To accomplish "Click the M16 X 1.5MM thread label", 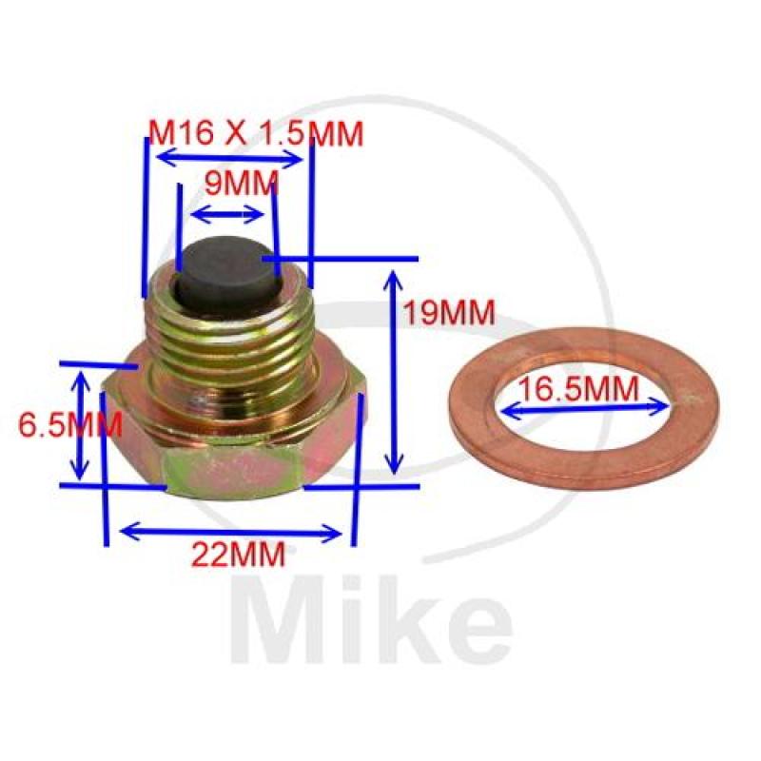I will click(x=258, y=134).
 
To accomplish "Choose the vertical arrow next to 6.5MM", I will click(x=83, y=425).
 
